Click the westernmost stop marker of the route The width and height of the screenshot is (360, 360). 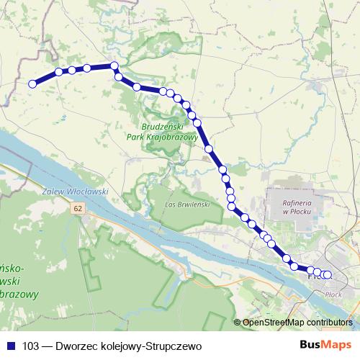(32, 84)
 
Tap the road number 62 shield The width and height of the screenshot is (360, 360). (78, 208)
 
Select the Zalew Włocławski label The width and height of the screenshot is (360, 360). (76, 192)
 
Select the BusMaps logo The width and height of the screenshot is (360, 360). (330, 345)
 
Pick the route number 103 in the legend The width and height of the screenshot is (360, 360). (30, 345)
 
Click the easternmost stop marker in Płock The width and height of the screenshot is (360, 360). (328, 274)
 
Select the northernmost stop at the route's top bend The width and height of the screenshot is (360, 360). (114, 66)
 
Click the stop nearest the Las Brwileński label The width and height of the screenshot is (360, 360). (232, 207)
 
